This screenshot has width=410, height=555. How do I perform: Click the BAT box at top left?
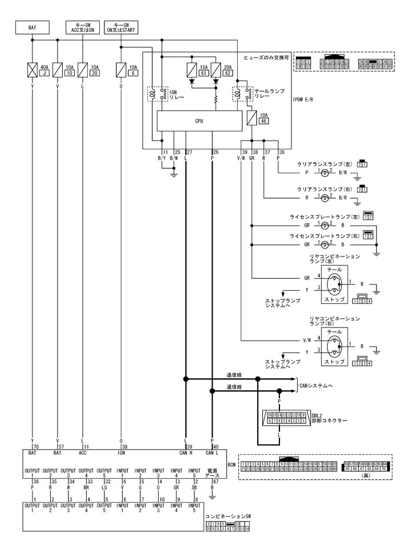pos(33,26)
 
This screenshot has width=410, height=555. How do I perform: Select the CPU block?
pos(198,121)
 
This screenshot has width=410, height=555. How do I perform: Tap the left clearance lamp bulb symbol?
pos(324,171)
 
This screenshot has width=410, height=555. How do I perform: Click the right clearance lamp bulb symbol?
pos(324,197)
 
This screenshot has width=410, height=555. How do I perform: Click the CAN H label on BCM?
pos(186,453)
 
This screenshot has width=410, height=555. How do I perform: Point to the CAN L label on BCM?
pos(212,453)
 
